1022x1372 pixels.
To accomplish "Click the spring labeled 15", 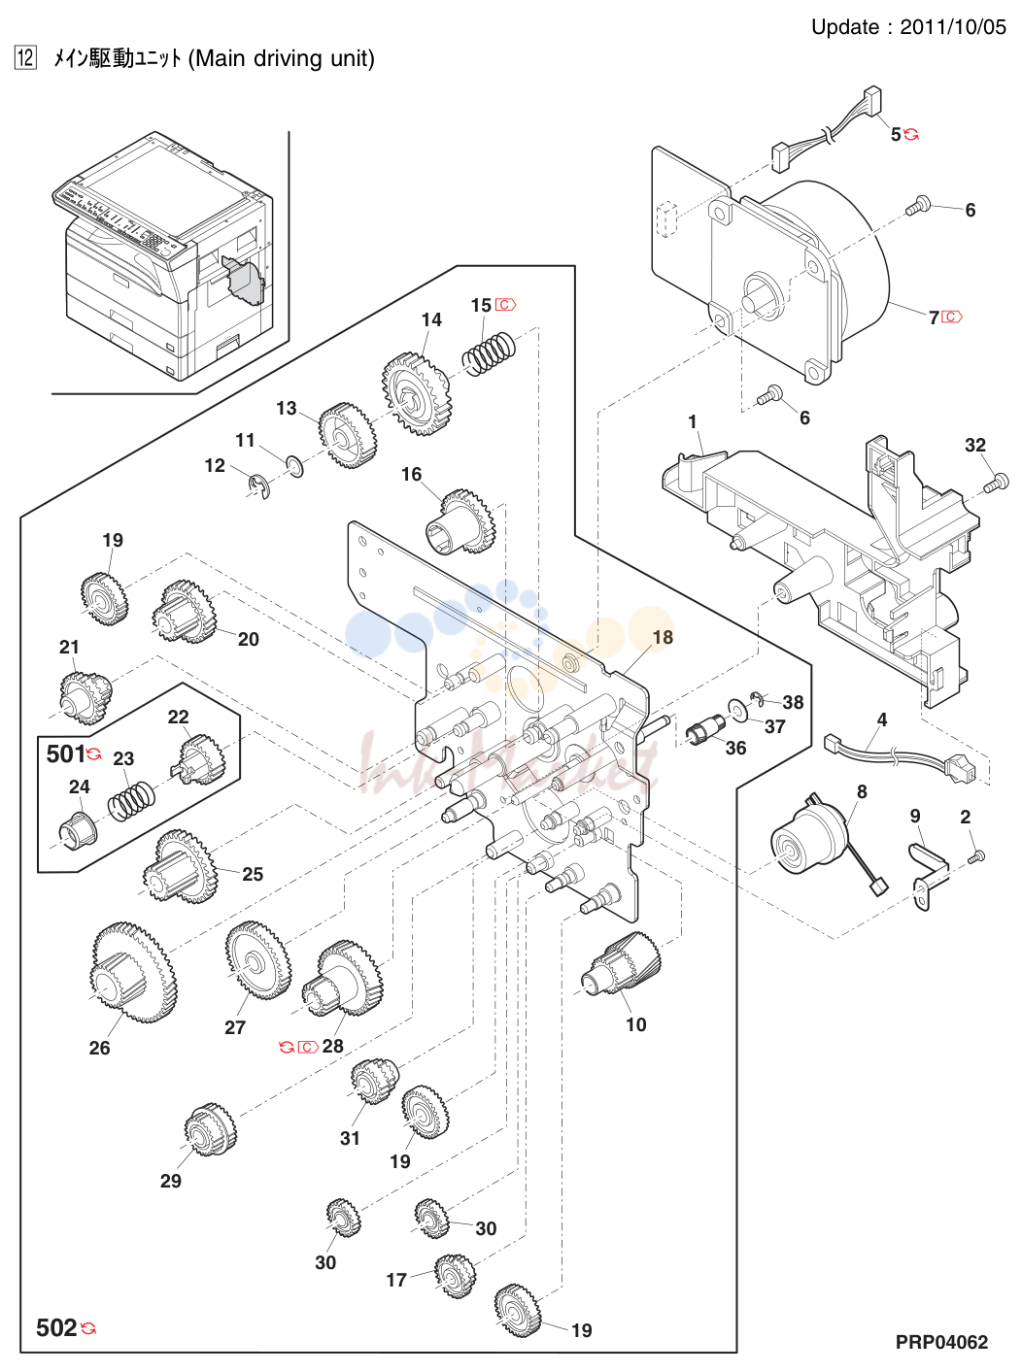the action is click(489, 353).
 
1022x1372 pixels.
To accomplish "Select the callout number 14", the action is click(431, 319).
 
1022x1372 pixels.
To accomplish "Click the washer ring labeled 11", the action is click(294, 467).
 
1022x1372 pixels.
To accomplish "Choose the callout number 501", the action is click(66, 754).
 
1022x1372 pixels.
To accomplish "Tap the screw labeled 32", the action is click(996, 483).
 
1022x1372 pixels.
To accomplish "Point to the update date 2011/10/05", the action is click(953, 27).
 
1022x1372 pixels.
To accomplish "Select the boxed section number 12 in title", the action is click(25, 58).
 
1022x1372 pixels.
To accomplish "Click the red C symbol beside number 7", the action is click(952, 318).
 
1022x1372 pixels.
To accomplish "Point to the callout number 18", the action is click(663, 637).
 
